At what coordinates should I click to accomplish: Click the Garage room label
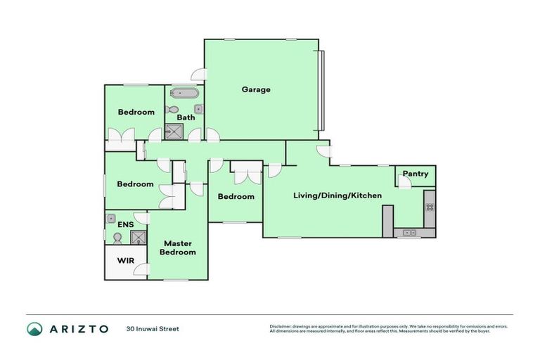(x=256, y=89)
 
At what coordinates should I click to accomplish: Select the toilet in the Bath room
(x=172, y=109)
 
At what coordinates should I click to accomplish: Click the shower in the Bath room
(x=174, y=131)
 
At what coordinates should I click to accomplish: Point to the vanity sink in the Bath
(x=199, y=109)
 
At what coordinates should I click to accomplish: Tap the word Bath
(x=186, y=117)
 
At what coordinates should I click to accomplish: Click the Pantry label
(x=416, y=174)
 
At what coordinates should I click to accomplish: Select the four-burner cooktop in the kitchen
(x=429, y=207)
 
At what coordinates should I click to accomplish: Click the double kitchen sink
(x=409, y=232)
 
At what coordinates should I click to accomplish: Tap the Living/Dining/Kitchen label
(x=337, y=195)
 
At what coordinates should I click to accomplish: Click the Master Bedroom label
(x=177, y=247)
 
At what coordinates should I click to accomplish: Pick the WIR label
(x=126, y=260)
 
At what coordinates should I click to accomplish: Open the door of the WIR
(x=143, y=270)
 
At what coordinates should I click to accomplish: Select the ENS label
(x=126, y=224)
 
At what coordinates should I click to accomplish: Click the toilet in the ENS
(x=117, y=239)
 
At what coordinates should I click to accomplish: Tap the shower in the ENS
(x=139, y=237)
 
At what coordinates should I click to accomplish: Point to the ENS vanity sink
(x=111, y=219)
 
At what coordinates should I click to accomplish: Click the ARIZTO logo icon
(x=34, y=328)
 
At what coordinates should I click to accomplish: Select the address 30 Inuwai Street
(x=153, y=328)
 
